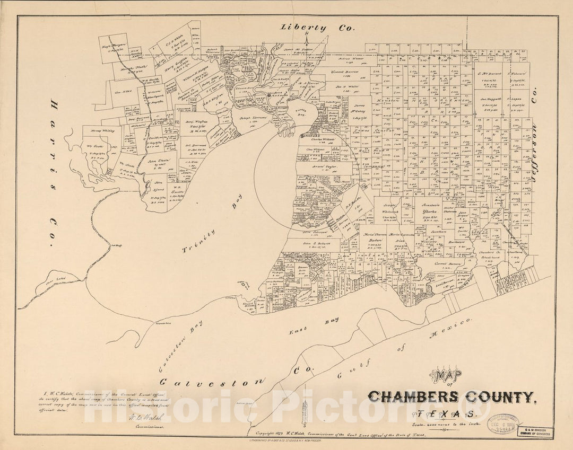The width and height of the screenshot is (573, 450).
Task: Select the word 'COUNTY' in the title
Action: point(506,396)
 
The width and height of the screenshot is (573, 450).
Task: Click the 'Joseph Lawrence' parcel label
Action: point(251,118)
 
